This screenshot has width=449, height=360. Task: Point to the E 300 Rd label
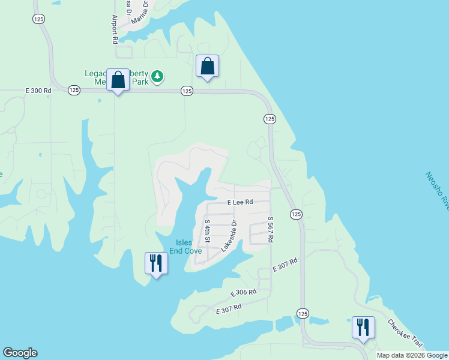(38, 91)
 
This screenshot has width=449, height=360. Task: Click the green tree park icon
(157, 76)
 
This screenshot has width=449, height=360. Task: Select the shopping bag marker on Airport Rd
(118, 80)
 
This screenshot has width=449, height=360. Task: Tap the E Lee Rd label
(240, 203)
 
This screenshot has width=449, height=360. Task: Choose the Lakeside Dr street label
(229, 235)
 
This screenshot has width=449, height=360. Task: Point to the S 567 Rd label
(271, 230)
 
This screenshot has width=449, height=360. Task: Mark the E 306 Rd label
(244, 293)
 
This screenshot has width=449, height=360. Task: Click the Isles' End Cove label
(185, 247)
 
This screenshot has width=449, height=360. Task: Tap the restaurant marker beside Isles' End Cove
(156, 263)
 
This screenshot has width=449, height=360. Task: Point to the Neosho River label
(436, 193)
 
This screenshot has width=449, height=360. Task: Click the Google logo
(20, 353)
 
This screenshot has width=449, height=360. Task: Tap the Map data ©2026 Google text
(412, 355)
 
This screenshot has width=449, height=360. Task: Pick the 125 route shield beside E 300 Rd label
(74, 90)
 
